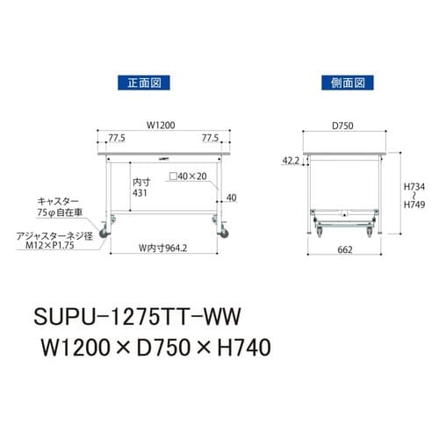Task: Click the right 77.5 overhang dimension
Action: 209,137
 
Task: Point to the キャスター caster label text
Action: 57,200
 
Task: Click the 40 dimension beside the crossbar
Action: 231,198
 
